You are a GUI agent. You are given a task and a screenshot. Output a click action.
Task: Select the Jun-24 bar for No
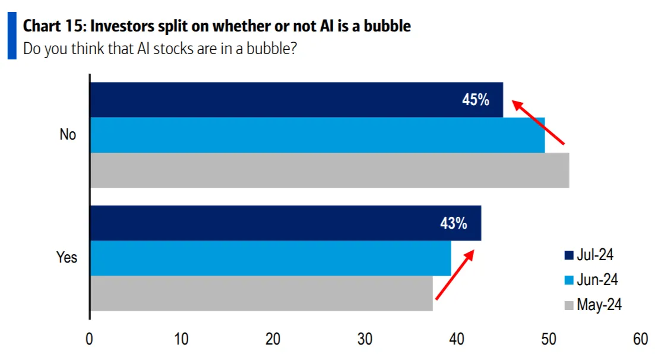317,135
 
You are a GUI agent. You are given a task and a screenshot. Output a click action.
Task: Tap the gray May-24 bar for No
329,170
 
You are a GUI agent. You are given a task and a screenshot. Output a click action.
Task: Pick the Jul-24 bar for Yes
285,223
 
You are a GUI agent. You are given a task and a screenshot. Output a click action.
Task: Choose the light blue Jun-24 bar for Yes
270,258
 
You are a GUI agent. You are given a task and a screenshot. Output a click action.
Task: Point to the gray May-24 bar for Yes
261,293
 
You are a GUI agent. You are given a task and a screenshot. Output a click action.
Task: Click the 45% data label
476,100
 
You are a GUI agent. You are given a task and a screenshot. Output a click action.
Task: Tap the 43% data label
454,223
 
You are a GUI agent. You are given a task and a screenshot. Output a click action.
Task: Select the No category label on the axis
68,135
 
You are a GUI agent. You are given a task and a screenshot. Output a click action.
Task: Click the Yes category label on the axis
67,258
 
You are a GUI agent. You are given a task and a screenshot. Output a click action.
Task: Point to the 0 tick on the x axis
90,339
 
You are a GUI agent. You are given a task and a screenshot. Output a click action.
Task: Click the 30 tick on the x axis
365,339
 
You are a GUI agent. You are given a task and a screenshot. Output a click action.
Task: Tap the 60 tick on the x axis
640,339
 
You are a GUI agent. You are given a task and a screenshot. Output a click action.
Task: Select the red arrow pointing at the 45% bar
538,123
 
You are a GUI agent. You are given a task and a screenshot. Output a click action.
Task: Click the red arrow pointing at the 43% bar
455,274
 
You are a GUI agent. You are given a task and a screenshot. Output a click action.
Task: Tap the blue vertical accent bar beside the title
12,37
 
